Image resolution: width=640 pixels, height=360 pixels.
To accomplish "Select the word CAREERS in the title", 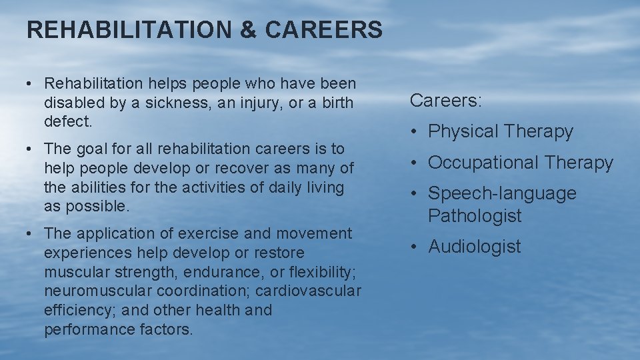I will click(324, 30).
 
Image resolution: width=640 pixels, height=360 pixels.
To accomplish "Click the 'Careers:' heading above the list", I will click(446, 101).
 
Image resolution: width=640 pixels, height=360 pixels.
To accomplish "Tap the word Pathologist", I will click(475, 216).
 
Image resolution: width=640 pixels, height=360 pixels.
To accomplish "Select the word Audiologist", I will click(475, 247).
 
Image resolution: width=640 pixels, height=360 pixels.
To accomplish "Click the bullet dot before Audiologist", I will click(415, 247).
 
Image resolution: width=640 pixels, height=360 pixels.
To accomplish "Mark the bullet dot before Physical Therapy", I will click(415, 133).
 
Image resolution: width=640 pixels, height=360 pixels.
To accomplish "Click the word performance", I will click(84, 329).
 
